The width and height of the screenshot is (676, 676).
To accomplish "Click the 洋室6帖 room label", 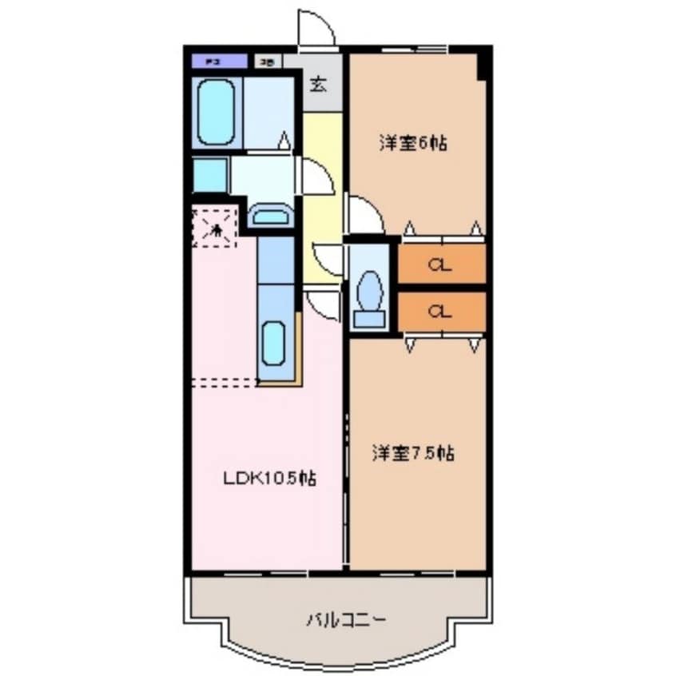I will pos(412,144).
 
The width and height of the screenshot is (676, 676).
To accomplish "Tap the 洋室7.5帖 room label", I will pos(413,454).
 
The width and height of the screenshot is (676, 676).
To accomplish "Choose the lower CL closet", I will pos(441,312).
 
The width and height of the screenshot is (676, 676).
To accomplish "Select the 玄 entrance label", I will pos(318,84).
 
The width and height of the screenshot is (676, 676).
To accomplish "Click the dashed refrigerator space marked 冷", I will pos(216,227).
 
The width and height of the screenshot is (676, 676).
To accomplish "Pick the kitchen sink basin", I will pos(273,342).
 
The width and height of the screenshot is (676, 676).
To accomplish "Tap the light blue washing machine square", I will pos(209,175).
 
